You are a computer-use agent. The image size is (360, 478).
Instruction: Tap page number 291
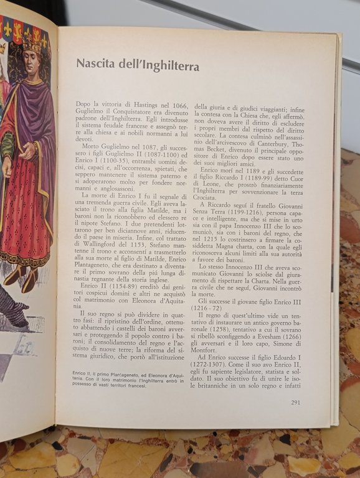pos(296,403)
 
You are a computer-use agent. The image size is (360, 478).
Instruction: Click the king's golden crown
pos(33,41)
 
